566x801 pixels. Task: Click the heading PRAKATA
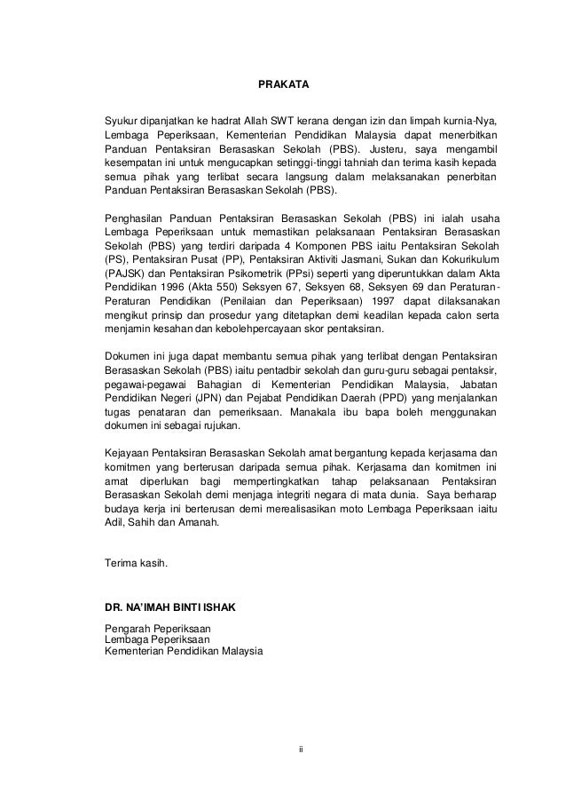click(282, 86)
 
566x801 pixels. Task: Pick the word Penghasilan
click(136, 218)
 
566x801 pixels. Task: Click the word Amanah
click(204, 523)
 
